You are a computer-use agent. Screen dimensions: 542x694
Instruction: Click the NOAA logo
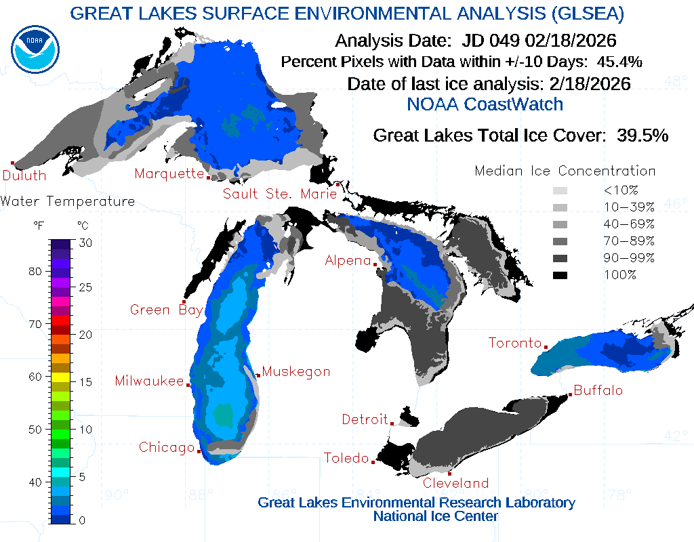tap(35, 49)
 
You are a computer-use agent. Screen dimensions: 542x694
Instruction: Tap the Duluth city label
tap(24, 175)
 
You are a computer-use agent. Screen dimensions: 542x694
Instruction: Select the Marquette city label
tap(169, 173)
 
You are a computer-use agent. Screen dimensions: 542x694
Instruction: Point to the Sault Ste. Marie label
tap(280, 194)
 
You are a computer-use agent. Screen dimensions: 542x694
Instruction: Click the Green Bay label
tap(166, 310)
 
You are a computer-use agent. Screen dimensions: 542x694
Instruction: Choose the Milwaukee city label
tap(149, 381)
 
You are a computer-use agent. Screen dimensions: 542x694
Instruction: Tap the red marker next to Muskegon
tap(258, 375)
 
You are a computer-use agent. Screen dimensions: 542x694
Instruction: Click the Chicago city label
tap(167, 448)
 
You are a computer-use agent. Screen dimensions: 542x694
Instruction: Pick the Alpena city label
tap(348, 260)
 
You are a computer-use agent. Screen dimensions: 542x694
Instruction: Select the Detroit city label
tap(365, 419)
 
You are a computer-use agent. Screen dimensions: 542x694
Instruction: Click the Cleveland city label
tap(455, 483)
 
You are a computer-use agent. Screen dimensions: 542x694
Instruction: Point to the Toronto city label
tap(515, 343)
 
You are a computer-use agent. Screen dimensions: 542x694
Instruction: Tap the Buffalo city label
tap(598, 391)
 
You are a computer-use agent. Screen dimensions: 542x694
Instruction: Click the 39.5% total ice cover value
tap(642, 135)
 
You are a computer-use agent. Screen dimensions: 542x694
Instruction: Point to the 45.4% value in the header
tap(619, 62)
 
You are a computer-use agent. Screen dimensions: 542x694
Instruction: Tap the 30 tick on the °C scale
tap(85, 243)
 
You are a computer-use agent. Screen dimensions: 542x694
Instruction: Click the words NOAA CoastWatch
tap(485, 104)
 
